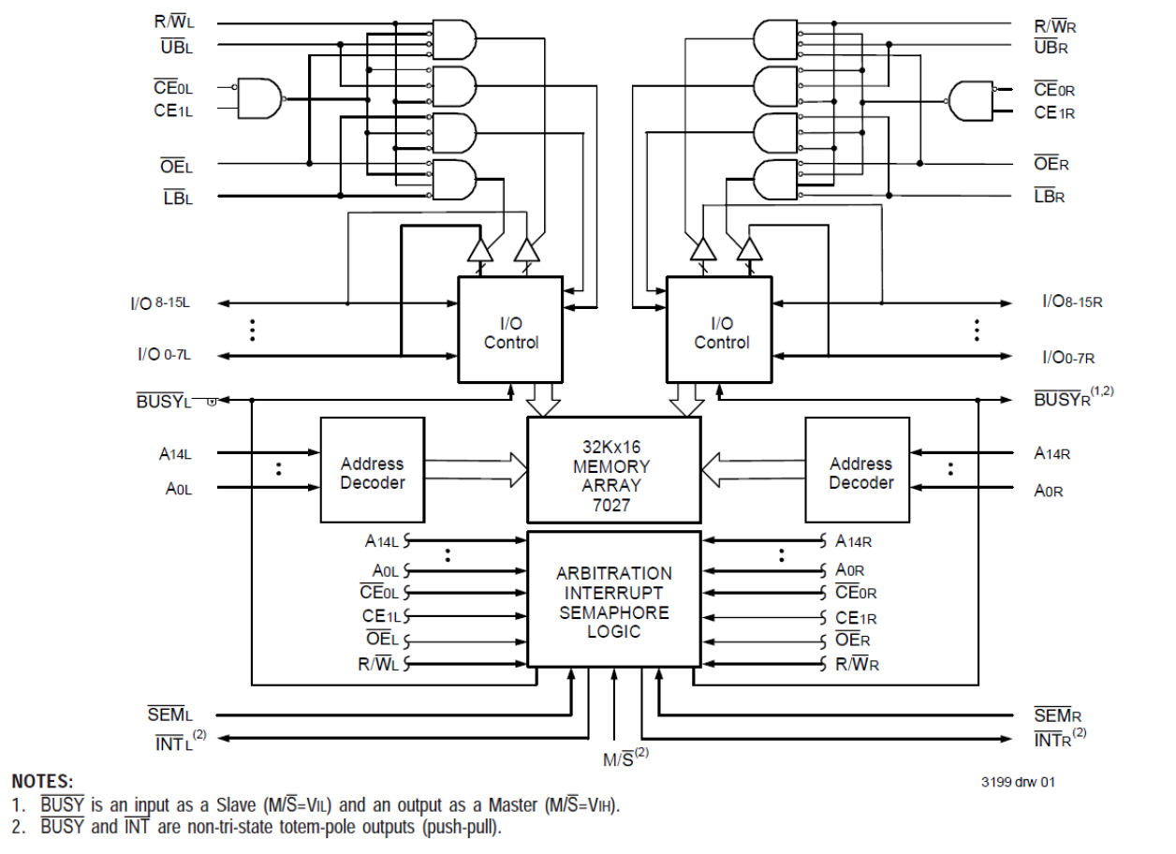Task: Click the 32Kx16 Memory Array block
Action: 613,469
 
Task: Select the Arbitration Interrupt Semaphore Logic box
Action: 613,599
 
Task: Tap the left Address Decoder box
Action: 372,470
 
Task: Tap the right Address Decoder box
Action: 857,470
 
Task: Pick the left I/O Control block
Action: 510,330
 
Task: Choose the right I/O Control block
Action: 719,330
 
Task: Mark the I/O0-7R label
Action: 1068,357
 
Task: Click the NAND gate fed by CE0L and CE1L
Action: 260,98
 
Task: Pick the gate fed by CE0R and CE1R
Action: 970,100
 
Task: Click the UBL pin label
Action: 175,45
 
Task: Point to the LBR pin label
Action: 1050,197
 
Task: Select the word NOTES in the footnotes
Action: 41,781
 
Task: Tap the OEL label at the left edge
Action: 175,167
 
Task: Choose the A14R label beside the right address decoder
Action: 1051,453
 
